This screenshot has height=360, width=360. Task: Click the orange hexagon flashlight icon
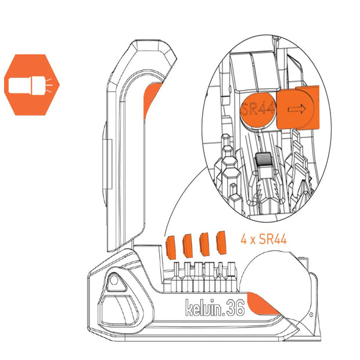[32, 85]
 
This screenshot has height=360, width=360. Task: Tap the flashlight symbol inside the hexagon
[30, 85]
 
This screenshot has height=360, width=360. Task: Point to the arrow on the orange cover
[297, 109]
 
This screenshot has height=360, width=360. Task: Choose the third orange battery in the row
[204, 243]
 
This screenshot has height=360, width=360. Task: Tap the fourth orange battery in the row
[221, 243]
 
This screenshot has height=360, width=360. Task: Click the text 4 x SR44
[264, 239]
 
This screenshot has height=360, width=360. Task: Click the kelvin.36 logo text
[215, 308]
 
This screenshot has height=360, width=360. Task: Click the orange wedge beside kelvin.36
[262, 303]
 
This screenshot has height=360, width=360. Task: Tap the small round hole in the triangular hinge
[114, 280]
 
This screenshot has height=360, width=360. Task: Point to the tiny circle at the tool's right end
[311, 315]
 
